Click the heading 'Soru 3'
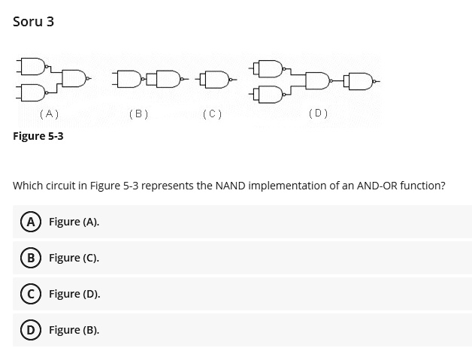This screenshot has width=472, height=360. point(34,22)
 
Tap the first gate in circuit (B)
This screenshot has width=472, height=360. point(128,77)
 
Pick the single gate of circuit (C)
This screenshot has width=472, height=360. point(216,77)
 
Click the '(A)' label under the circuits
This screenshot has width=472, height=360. point(49,114)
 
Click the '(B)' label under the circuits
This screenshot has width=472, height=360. point(139,114)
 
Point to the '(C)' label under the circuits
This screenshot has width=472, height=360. point(213,114)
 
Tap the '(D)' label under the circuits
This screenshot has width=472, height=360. point(318,114)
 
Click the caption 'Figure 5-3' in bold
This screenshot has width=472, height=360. point(38,136)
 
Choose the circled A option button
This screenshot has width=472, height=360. point(27,222)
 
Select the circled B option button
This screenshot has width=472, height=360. point(27,258)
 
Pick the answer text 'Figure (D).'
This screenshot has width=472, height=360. point(74,294)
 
